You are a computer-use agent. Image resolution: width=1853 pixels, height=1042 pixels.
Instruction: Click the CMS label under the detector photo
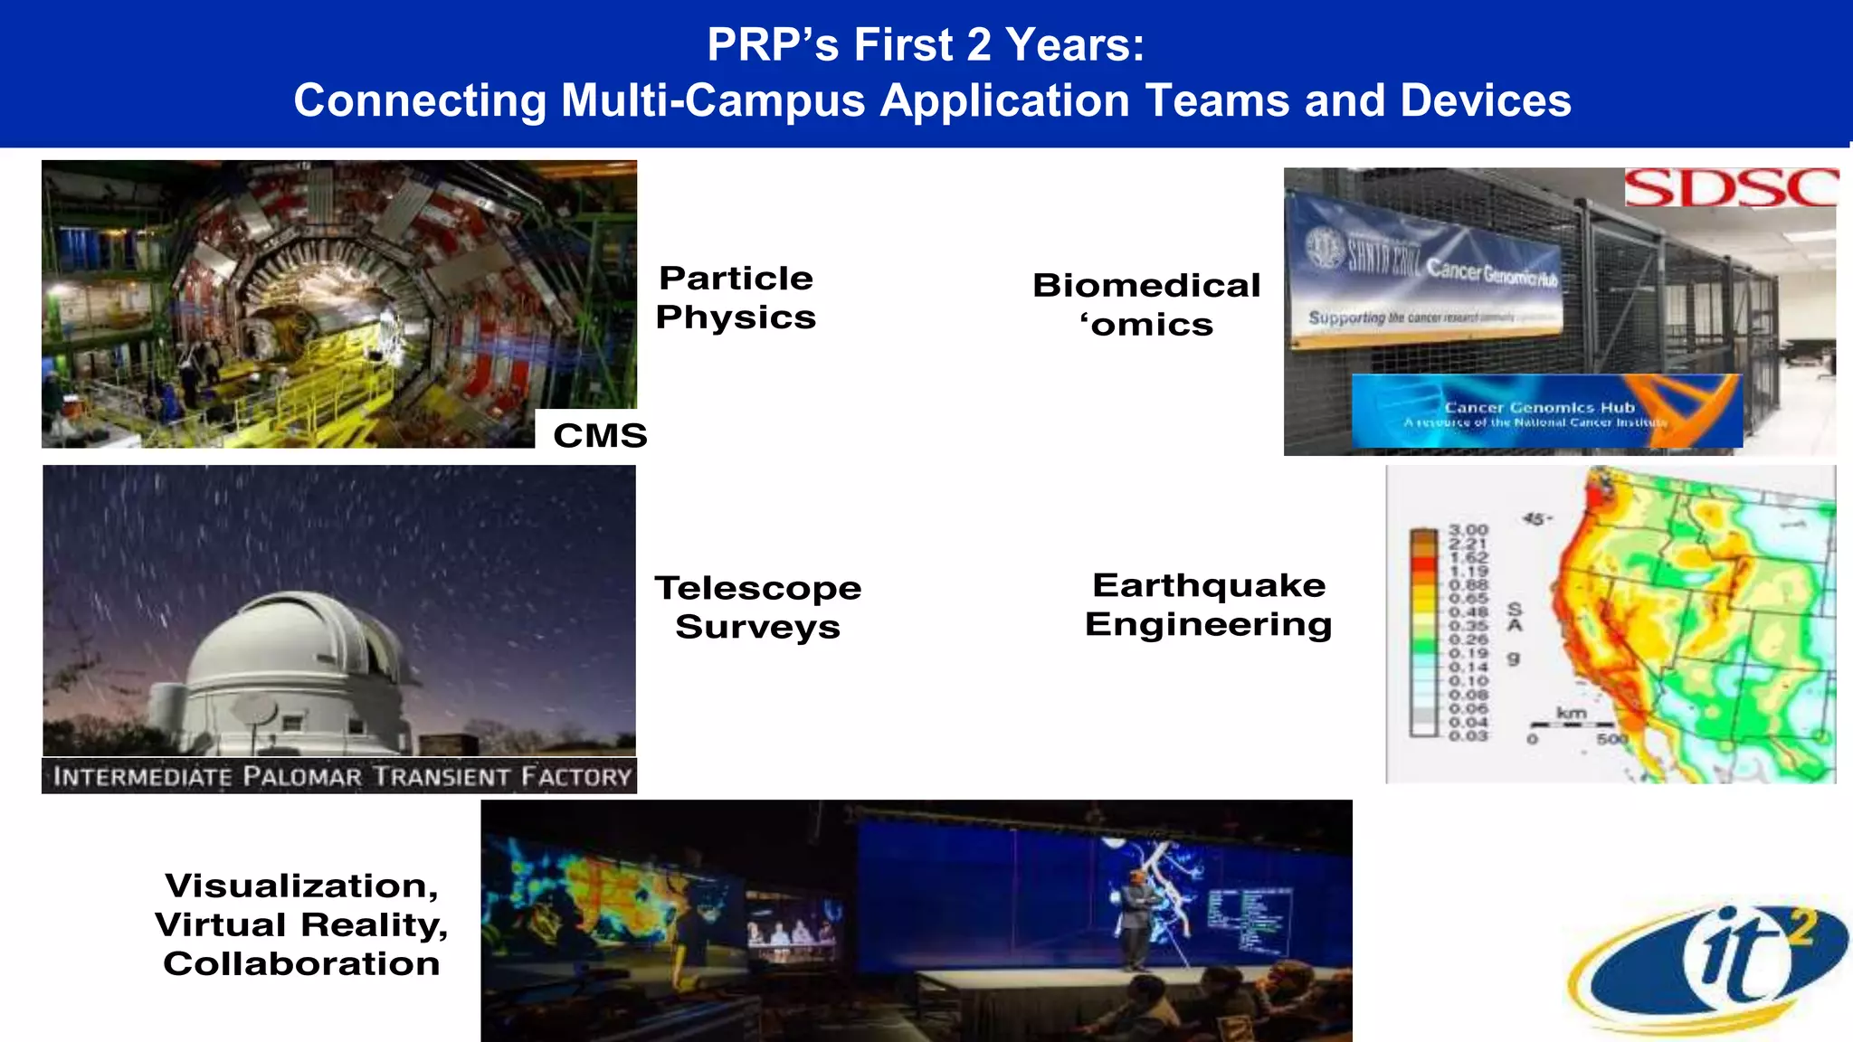(x=600, y=435)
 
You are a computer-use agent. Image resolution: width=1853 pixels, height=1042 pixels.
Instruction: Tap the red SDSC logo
(x=1730, y=188)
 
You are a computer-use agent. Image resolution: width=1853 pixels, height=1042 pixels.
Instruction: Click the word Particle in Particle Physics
(x=736, y=279)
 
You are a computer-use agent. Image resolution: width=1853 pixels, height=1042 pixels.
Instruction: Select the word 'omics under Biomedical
(x=1146, y=325)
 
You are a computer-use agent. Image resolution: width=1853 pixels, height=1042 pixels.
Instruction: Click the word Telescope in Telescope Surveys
(x=757, y=589)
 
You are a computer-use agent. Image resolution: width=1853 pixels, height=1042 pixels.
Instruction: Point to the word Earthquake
(x=1208, y=585)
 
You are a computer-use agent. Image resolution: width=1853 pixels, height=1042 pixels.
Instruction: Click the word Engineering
(x=1208, y=624)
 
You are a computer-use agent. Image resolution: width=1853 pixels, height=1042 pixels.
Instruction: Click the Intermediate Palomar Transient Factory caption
(x=340, y=776)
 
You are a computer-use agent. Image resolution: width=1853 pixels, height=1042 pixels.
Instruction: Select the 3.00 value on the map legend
(x=1468, y=529)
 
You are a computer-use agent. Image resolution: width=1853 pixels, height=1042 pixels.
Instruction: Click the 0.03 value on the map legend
(x=1468, y=736)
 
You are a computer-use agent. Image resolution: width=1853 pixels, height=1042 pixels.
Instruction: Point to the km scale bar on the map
(x=1572, y=724)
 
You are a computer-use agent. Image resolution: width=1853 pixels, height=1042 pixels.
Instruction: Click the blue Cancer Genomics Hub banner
(x=1545, y=412)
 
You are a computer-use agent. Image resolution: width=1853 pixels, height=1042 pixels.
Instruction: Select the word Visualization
(x=300, y=886)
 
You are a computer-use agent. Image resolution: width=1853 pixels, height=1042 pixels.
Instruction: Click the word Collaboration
(x=300, y=964)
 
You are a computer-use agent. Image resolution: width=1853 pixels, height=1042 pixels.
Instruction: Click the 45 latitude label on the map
(x=1535, y=519)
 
